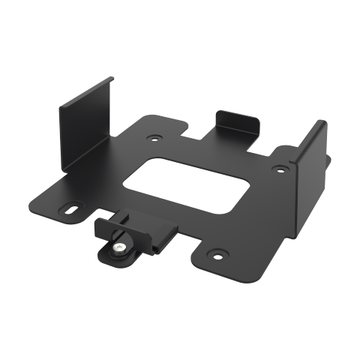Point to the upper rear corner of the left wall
pos(112,76)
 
